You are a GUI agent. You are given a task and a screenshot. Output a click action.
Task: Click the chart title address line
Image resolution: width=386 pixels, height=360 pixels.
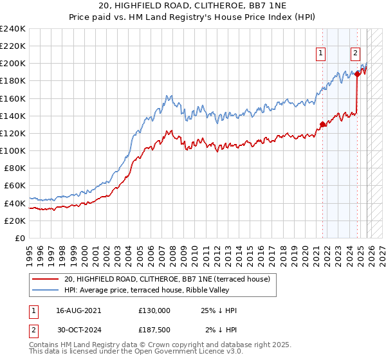192,6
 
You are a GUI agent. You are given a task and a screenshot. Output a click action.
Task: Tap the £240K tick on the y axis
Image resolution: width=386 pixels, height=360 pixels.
13,29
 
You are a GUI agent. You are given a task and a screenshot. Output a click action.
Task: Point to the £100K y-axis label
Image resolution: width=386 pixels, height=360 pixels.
13,150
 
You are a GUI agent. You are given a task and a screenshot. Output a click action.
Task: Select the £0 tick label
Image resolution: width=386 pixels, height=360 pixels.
21,238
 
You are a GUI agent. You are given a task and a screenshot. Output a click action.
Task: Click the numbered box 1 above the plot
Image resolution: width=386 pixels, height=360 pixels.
320,53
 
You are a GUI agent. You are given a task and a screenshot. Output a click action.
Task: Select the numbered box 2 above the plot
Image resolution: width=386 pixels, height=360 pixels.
355,53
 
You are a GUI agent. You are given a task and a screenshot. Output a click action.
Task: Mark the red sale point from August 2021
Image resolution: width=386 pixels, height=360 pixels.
323,125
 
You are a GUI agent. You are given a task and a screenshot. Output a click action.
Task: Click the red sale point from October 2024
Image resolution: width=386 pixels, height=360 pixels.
357,75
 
